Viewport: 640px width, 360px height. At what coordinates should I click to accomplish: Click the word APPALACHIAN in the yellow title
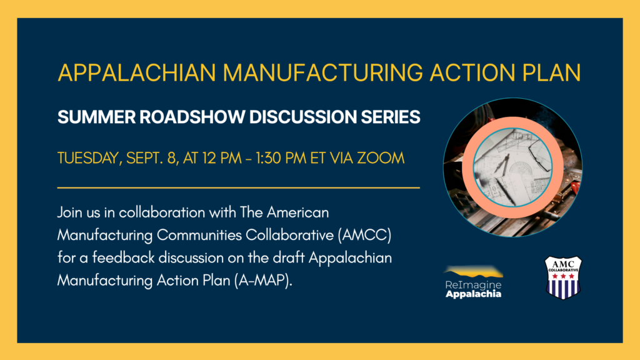[137, 72]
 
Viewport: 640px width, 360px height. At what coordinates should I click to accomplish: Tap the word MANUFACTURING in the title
[323, 72]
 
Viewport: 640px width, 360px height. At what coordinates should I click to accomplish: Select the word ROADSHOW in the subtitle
[192, 117]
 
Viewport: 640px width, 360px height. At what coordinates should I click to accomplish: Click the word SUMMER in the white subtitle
[96, 117]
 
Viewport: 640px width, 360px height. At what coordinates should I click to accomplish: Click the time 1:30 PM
[281, 158]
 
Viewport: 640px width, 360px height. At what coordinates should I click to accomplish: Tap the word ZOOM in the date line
[381, 158]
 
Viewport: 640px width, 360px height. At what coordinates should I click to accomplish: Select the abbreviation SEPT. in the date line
[145, 158]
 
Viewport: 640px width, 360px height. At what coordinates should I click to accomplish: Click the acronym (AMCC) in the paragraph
[364, 235]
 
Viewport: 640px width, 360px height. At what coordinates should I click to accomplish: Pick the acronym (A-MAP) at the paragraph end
[263, 281]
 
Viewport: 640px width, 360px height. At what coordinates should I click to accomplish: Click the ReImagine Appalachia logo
[474, 282]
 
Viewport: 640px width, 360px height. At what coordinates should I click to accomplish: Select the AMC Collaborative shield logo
[563, 278]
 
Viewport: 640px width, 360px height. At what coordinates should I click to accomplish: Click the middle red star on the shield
[563, 276]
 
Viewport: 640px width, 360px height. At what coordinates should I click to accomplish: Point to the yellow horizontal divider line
[239, 187]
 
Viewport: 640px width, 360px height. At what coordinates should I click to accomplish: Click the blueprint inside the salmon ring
[512, 167]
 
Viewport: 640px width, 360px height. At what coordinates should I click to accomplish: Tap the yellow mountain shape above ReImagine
[474, 271]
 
